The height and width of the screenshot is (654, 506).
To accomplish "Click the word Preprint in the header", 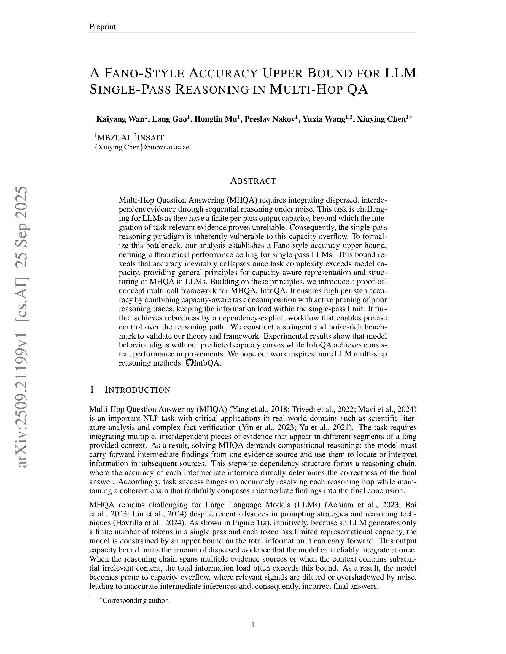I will (x=102, y=27).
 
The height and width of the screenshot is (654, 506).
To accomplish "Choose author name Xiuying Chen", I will (x=381, y=119).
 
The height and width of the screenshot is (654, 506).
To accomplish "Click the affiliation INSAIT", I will (x=150, y=138).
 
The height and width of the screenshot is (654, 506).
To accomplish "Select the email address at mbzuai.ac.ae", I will (x=142, y=147).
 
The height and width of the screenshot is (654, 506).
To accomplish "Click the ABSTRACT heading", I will (x=253, y=181).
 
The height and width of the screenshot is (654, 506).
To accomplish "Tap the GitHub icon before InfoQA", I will (x=189, y=363).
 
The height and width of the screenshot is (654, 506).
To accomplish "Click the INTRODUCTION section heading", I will (x=138, y=390).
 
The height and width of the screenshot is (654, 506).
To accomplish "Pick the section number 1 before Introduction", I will (x=92, y=390).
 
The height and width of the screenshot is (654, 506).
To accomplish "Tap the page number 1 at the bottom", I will (x=253, y=625).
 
